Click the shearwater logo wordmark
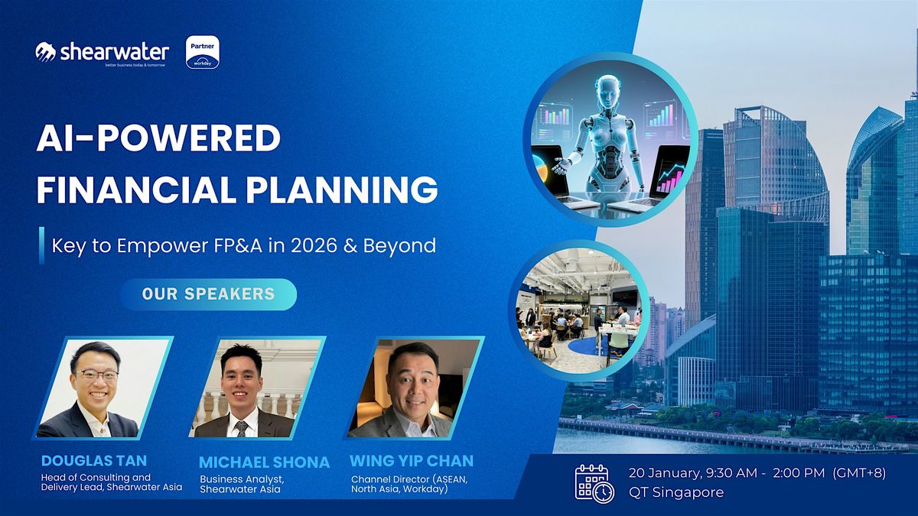(114, 53)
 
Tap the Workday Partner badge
(203, 52)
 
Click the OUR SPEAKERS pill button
(208, 294)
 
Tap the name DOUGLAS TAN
(94, 461)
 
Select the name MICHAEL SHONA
(265, 462)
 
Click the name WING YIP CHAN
(412, 461)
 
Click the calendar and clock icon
(594, 483)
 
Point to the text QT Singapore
(676, 492)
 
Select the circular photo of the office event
(578, 311)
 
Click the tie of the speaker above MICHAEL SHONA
(242, 428)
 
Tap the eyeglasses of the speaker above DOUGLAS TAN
(96, 375)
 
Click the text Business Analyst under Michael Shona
(242, 479)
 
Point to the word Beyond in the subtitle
(399, 246)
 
